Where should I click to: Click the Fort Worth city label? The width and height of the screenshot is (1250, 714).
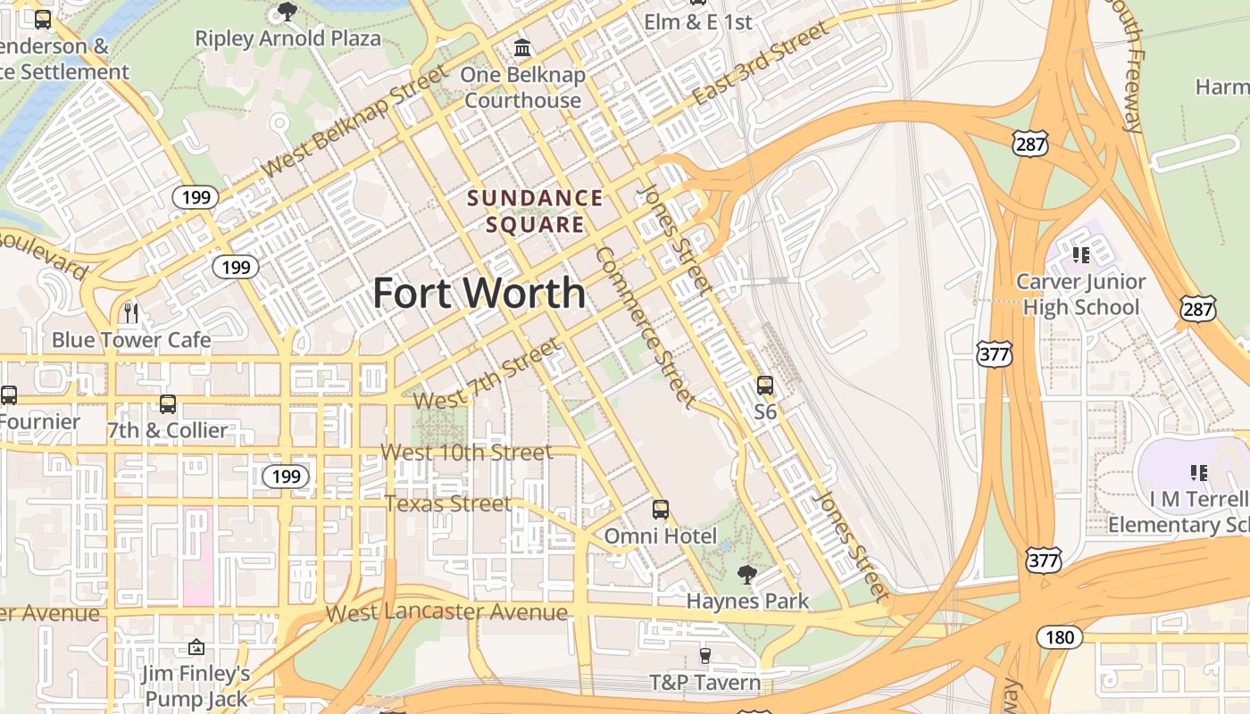tap(479, 293)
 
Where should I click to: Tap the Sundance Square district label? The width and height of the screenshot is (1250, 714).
tap(535, 211)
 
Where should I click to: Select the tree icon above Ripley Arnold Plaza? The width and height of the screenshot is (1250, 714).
tap(287, 12)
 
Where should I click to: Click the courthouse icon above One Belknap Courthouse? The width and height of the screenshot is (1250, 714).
tap(522, 46)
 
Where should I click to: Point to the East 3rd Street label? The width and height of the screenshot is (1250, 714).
tap(761, 65)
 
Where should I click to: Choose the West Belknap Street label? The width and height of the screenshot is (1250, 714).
tap(355, 121)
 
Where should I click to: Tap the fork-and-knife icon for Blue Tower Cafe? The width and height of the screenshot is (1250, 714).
tap(131, 312)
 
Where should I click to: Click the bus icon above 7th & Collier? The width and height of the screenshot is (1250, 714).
tap(168, 404)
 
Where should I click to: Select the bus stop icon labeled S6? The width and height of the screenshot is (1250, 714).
tap(765, 386)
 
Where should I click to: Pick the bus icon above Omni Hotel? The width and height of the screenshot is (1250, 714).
tap(661, 510)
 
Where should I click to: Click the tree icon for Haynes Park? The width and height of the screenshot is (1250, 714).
tap(747, 575)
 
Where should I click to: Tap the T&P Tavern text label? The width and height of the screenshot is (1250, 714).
tap(705, 683)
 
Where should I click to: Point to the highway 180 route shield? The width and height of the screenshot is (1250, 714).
tap(1059, 637)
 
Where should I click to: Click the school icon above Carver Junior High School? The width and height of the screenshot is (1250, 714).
tap(1081, 255)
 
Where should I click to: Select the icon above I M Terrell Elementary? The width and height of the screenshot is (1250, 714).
tap(1198, 472)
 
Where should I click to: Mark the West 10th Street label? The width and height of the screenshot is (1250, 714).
tap(466, 452)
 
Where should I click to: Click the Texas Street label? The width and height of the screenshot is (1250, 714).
tap(448, 503)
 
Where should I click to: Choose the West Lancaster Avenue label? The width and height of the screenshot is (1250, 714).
tap(446, 612)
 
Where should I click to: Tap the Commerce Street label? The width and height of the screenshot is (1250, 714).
tap(645, 328)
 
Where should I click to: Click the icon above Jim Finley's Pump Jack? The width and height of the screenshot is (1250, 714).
tap(196, 647)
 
